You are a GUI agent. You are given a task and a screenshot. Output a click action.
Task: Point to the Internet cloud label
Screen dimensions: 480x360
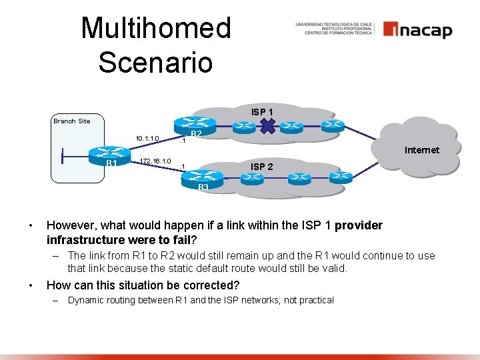click(422, 150)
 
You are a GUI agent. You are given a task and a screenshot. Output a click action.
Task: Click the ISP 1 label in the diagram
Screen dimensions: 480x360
click(262, 111)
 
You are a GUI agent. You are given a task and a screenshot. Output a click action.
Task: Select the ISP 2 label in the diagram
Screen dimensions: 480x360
click(261, 166)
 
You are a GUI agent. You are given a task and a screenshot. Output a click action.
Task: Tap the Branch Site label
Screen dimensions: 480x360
click(71, 121)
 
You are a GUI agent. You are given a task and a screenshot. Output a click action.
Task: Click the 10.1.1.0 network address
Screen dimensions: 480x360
click(147, 139)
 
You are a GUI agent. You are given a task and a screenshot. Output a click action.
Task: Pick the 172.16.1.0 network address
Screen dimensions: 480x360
click(155, 161)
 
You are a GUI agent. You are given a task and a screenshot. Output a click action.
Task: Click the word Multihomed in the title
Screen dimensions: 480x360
click(156, 29)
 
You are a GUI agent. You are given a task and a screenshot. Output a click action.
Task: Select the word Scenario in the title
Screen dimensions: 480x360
click(155, 62)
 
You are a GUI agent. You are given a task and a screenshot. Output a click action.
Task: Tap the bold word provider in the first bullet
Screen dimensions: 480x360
click(359, 225)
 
